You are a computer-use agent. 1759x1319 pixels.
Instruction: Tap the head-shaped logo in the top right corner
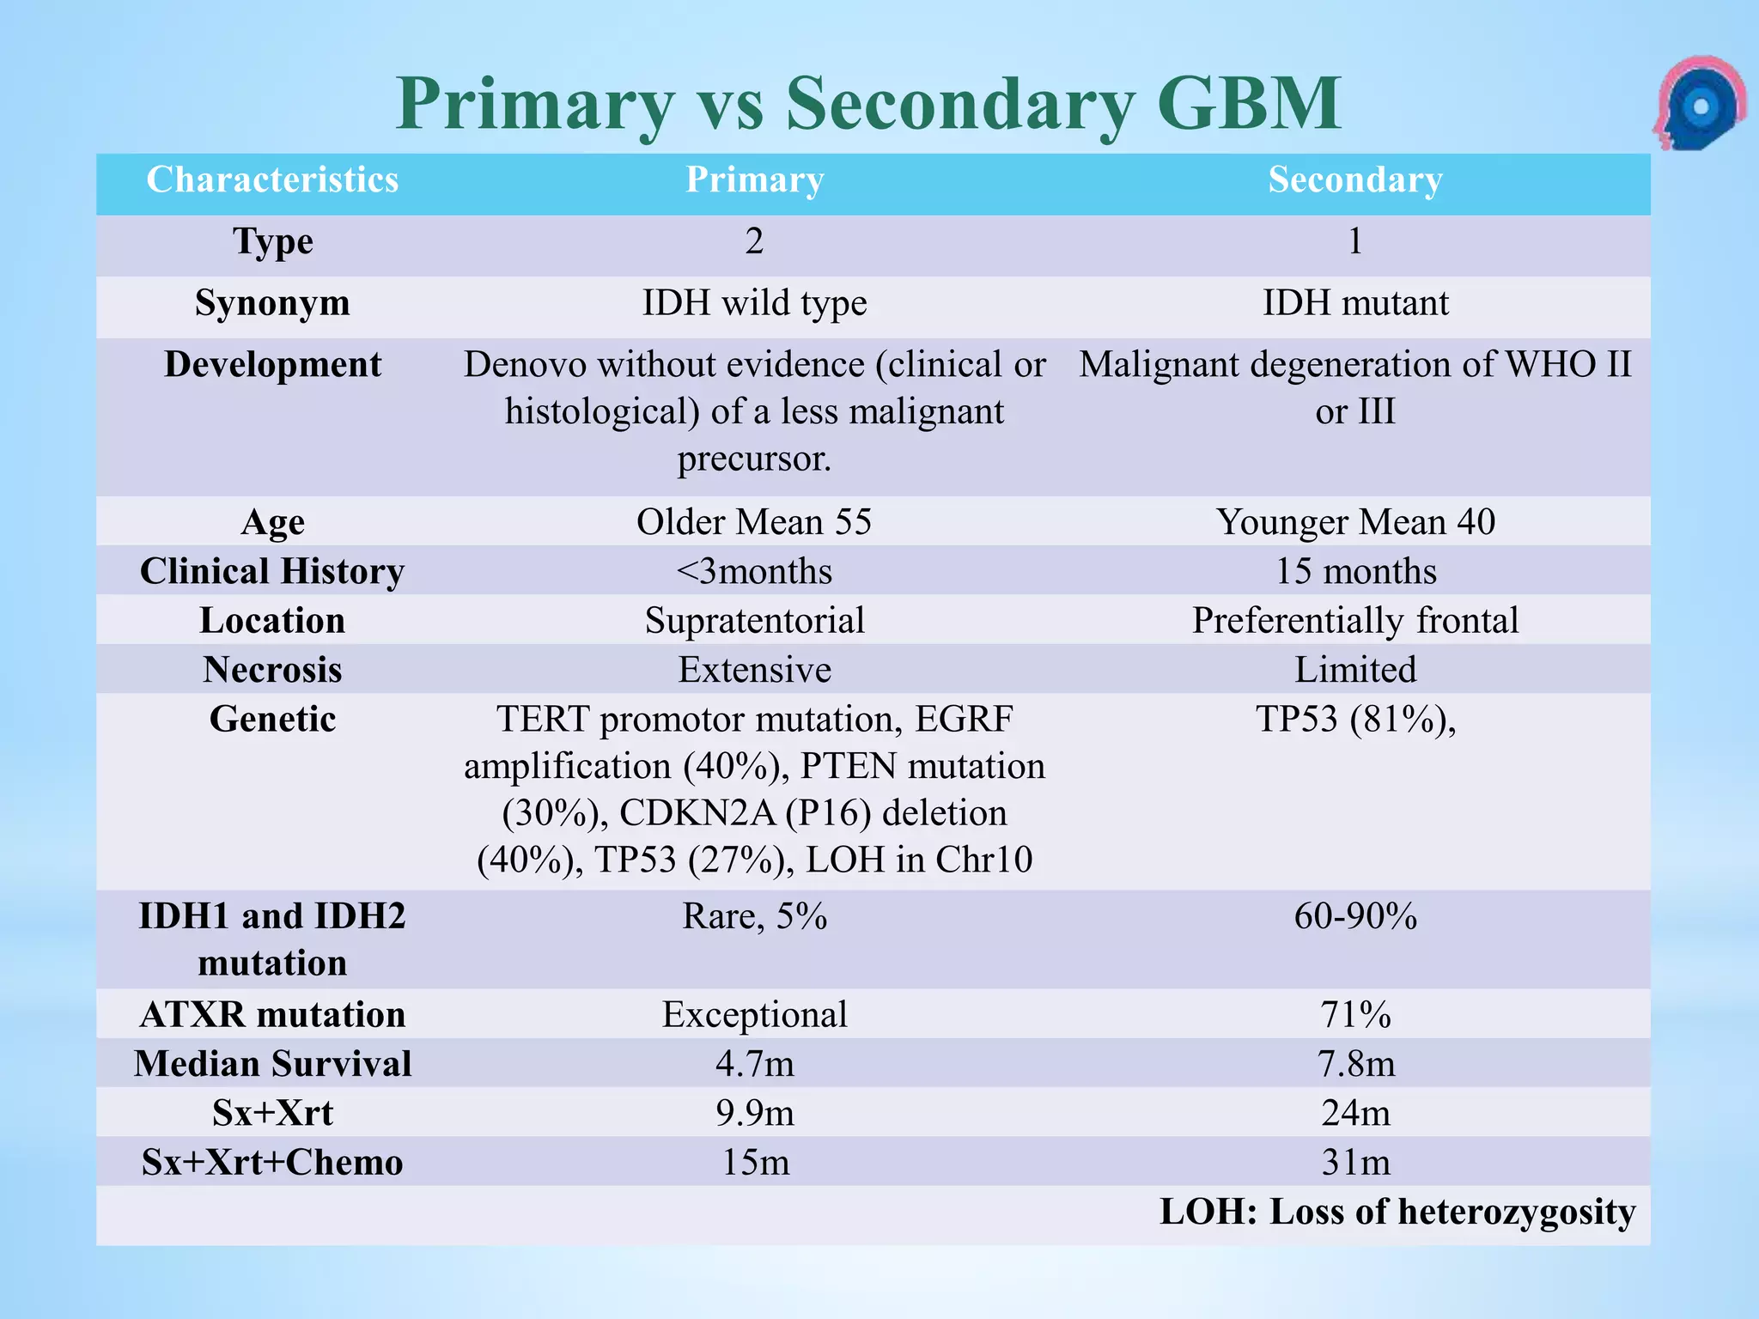click(1698, 105)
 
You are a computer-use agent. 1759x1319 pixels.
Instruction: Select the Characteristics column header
click(272, 180)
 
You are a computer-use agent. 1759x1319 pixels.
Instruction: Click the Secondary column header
click(1354, 180)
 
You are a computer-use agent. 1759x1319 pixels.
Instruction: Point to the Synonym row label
click(272, 303)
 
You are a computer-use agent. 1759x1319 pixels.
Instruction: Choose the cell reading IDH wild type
click(754, 303)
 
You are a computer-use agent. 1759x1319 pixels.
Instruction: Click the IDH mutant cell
click(1354, 303)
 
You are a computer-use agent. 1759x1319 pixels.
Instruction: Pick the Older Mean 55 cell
click(754, 522)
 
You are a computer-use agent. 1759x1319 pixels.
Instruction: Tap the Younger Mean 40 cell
click(1354, 522)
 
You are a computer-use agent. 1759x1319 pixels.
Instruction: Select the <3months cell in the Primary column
click(754, 571)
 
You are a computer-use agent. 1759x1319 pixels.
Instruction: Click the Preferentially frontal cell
click(1354, 620)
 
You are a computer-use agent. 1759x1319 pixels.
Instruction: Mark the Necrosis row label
click(272, 670)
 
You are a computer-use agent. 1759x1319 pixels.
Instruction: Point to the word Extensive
click(754, 670)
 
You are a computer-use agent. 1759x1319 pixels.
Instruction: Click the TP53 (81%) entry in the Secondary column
click(1354, 720)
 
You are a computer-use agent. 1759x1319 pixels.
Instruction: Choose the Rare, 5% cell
click(754, 916)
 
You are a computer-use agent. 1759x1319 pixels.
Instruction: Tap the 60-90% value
click(1354, 916)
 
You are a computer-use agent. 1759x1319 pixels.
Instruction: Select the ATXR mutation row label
click(272, 1015)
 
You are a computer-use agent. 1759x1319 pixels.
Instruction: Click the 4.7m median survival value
click(754, 1064)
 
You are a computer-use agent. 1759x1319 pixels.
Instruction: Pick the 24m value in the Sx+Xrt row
click(1354, 1113)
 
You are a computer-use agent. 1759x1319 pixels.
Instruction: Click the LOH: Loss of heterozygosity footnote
click(1397, 1212)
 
